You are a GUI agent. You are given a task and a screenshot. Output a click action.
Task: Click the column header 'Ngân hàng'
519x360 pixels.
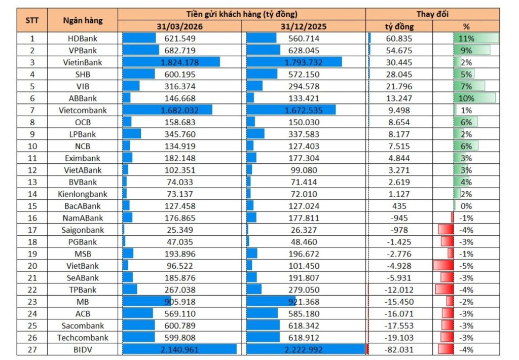[83, 20]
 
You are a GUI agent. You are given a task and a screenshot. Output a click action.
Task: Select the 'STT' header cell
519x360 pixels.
[32, 20]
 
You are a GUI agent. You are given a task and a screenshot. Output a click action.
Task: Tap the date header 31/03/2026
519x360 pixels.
[180, 26]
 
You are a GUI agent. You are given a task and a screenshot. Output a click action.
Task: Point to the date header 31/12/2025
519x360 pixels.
[304, 26]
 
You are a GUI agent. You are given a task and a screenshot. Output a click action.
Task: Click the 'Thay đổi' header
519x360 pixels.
[432, 14]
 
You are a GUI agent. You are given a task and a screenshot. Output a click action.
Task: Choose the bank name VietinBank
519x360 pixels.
[83, 62]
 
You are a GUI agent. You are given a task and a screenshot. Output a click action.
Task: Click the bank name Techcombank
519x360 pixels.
[83, 338]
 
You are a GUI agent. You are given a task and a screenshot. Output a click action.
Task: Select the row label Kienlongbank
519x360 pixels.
[83, 194]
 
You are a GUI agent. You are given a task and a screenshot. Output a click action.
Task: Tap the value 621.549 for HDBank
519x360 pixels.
[180, 39]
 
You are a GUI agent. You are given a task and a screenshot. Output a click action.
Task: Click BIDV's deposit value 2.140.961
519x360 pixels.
[180, 349]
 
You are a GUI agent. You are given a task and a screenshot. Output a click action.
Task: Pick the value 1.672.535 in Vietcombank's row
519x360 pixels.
[304, 111]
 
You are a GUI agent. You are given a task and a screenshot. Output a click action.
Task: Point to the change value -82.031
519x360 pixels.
[399, 349]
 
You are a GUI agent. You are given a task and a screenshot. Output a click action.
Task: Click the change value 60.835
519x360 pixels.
[399, 39]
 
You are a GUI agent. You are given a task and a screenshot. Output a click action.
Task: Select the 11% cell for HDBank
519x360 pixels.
[466, 39]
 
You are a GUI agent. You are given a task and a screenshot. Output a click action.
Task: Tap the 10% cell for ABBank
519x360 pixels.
[466, 98]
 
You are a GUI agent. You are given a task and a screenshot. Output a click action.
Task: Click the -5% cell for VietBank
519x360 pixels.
[466, 266]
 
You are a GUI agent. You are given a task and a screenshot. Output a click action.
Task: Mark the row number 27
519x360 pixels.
[32, 349]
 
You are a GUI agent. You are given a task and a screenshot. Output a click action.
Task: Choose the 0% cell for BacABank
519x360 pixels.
[466, 206]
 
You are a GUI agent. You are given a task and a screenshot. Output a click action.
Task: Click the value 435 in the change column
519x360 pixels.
[399, 206]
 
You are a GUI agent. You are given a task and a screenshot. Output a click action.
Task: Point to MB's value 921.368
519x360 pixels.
[304, 302]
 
